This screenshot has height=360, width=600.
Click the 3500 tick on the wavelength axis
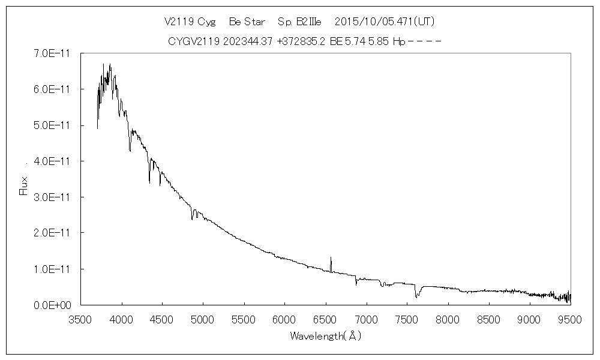[82, 319]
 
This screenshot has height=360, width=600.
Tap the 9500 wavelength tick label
[570, 319]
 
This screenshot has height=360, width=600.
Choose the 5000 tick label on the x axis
[204, 319]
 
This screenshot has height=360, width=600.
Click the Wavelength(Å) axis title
[326, 336]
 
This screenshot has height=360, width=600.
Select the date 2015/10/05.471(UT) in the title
[384, 22]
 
